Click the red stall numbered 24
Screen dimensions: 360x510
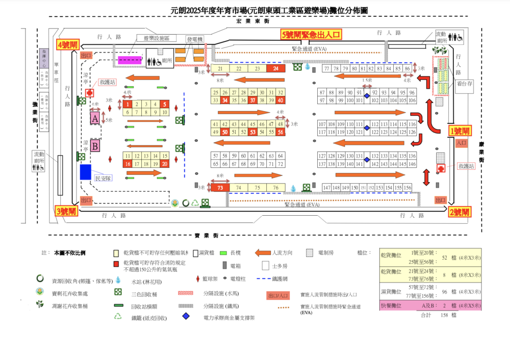(x=276, y=69)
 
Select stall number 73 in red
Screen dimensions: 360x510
(x=220, y=188)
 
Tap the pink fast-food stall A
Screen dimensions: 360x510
(x=95, y=118)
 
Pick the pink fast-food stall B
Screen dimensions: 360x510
(x=95, y=146)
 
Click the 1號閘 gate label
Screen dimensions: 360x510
(x=460, y=131)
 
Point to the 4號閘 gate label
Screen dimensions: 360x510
(x=67, y=45)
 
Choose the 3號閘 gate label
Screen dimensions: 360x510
(x=66, y=211)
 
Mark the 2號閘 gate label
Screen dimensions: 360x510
(x=460, y=212)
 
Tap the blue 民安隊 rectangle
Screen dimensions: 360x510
(x=86, y=171)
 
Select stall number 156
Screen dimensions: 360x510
(x=407, y=188)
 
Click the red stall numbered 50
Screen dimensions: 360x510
(x=225, y=133)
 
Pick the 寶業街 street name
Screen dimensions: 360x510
(x=207, y=235)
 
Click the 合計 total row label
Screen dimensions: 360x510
(x=425, y=316)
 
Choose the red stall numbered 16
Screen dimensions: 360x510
(x=128, y=164)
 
